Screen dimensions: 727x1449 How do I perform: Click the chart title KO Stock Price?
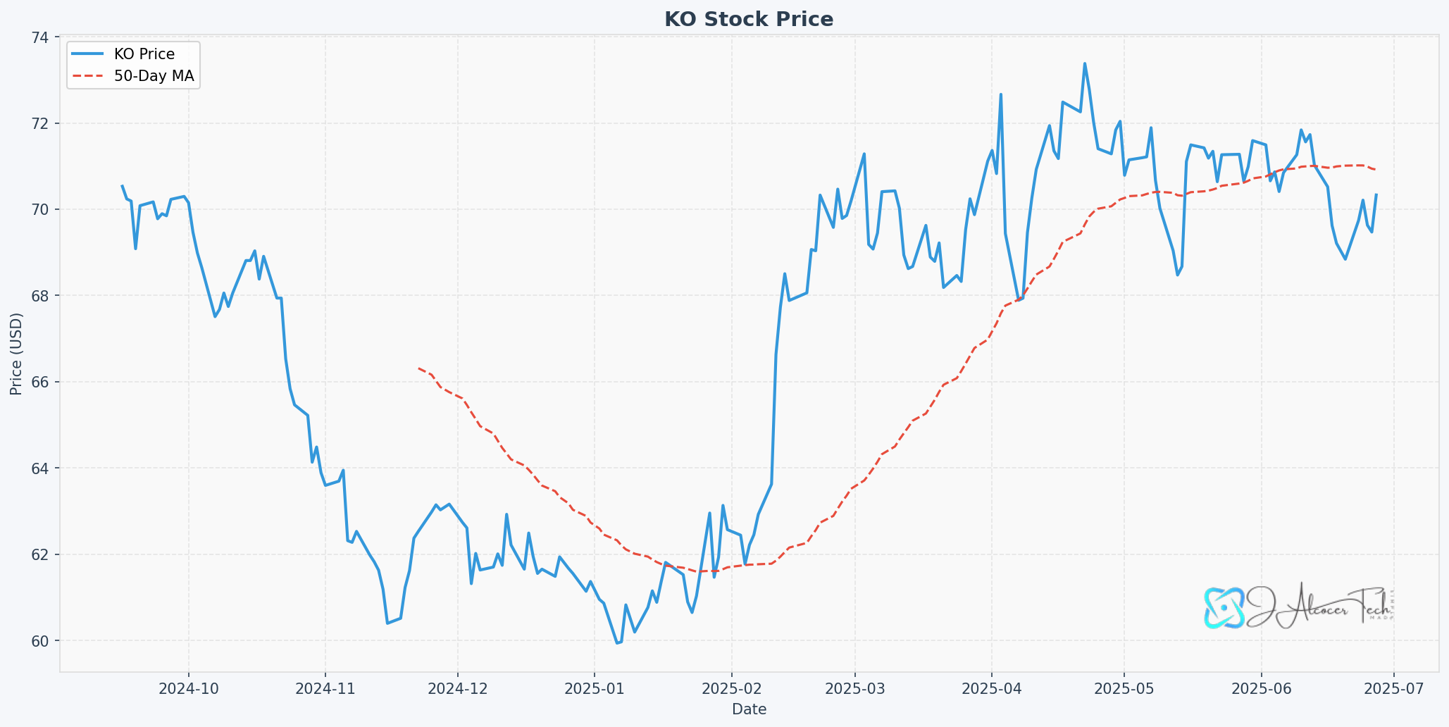point(748,19)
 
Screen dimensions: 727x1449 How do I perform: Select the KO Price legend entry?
point(144,54)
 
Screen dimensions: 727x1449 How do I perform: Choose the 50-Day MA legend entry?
point(154,76)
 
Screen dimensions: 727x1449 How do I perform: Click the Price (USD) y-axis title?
point(16,354)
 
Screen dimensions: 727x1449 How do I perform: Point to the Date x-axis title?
point(749,709)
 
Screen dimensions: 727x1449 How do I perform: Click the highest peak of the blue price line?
point(1084,63)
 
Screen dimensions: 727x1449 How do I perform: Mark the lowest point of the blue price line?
point(617,642)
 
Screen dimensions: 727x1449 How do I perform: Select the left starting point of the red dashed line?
point(418,368)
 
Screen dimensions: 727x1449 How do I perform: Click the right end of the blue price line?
point(1376,194)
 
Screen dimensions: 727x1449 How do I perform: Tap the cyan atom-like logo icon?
point(1224,607)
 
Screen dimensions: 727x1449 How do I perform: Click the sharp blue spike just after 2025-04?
point(1000,94)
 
